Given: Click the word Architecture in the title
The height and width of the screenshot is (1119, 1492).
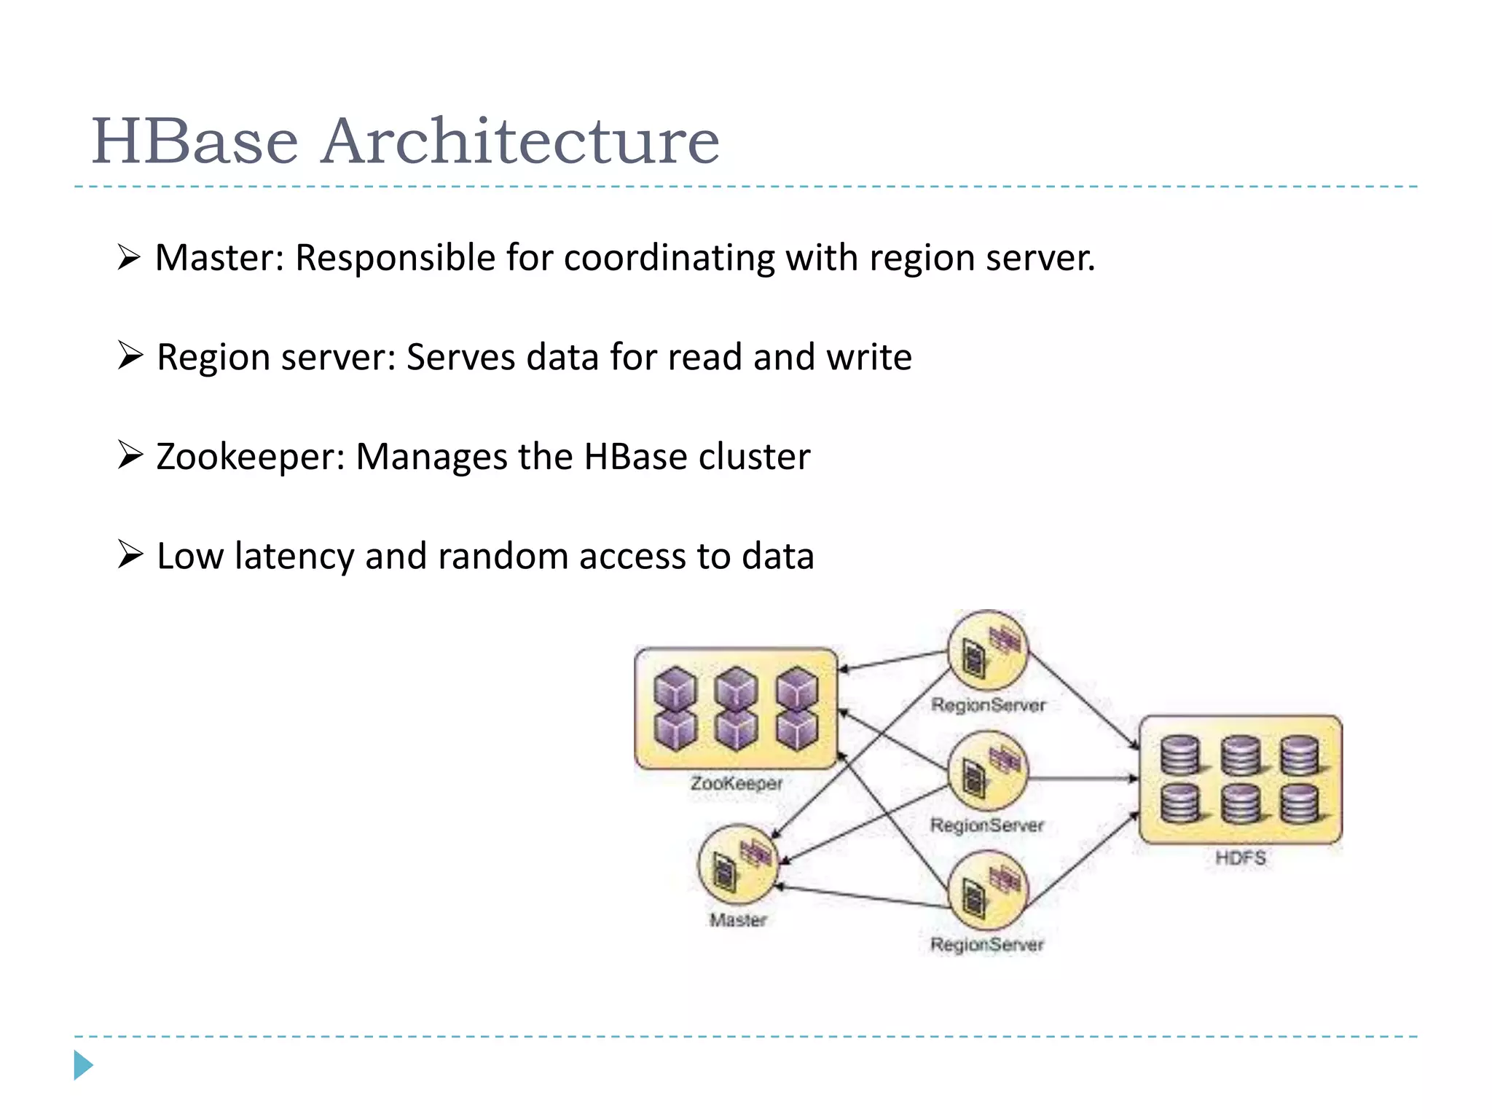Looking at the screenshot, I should (x=520, y=141).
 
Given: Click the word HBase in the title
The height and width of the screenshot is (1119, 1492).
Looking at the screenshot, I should (x=195, y=141).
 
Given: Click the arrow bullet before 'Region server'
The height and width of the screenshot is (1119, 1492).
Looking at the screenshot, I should (x=130, y=356).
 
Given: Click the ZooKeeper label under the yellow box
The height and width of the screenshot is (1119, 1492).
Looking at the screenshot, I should (x=736, y=784).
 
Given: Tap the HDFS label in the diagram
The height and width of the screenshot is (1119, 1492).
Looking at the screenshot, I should (x=1240, y=857).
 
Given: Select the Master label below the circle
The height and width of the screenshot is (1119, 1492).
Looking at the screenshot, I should (x=738, y=920).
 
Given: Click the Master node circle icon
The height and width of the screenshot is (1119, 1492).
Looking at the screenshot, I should (x=738, y=865).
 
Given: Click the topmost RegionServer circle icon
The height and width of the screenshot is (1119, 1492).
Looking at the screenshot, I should (x=988, y=651).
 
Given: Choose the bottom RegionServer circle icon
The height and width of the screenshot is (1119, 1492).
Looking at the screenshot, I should (x=987, y=890).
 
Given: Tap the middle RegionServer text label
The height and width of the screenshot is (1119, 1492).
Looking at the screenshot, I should (x=987, y=825).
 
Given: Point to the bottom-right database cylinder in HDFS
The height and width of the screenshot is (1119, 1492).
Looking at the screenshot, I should (x=1300, y=804).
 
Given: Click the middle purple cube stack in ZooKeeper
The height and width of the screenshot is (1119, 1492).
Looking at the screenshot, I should (x=736, y=709).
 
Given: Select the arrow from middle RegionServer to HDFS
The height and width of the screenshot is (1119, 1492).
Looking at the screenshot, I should (x=1083, y=779).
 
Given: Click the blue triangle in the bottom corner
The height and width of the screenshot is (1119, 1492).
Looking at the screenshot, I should (x=83, y=1066).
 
